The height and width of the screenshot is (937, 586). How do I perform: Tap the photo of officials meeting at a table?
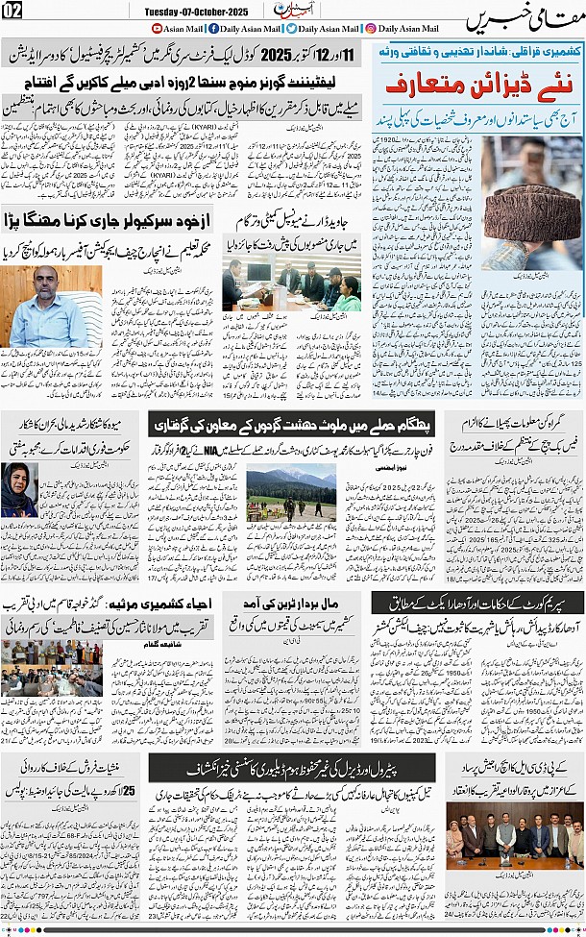pyautogui.click(x=292, y=286)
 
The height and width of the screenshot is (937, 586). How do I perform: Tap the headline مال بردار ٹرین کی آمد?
pyautogui.click(x=299, y=603)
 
